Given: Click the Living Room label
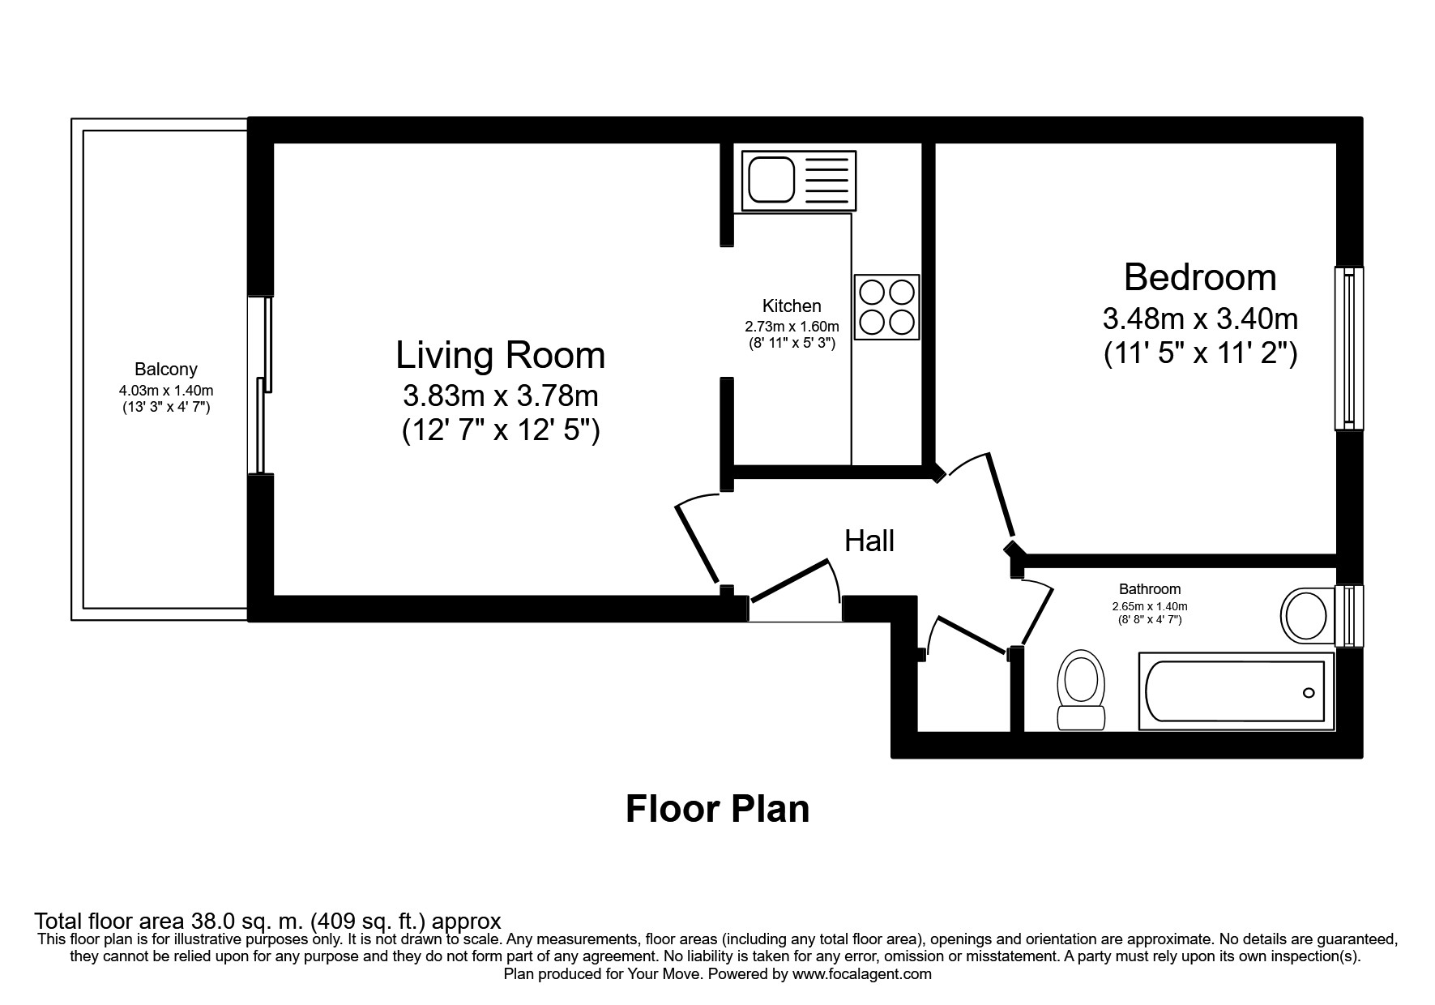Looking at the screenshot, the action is click(x=500, y=355).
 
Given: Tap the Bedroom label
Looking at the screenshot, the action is click(x=1200, y=277).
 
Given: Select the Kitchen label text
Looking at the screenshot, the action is click(x=792, y=306).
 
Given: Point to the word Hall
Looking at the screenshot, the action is click(x=869, y=541).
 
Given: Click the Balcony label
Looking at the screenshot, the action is click(x=166, y=370).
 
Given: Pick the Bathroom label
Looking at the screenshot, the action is click(x=1150, y=589).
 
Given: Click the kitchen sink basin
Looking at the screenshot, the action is click(x=772, y=180).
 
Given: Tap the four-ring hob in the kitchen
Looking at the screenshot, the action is click(x=886, y=306).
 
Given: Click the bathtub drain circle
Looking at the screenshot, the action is click(x=1309, y=693).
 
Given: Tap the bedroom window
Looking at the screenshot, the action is click(x=1349, y=349).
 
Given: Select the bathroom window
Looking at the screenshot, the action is click(x=1349, y=616).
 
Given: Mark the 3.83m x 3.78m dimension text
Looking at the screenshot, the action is click(x=501, y=396).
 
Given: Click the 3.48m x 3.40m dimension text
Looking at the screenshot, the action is click(x=1200, y=319).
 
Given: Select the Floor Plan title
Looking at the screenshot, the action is click(x=717, y=809).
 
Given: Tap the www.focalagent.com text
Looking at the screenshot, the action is click(x=861, y=974).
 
